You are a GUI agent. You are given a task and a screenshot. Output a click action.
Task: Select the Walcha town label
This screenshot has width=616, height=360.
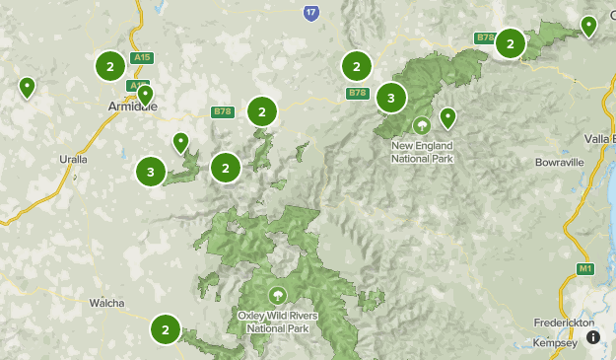(105, 303)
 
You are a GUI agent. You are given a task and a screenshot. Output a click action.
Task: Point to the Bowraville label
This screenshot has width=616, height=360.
(561, 162)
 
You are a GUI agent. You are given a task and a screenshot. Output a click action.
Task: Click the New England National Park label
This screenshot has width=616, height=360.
(423, 152)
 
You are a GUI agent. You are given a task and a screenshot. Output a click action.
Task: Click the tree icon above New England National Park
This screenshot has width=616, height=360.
(422, 125)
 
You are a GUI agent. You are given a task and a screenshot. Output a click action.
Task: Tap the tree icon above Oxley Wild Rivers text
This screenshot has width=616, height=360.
(277, 294)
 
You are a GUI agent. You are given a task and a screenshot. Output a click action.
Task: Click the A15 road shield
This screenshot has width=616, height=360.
(142, 57)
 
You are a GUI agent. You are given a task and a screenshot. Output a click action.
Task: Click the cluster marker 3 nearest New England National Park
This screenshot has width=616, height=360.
(391, 98)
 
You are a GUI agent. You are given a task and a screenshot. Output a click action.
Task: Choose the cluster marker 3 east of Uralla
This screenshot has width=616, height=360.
(150, 172)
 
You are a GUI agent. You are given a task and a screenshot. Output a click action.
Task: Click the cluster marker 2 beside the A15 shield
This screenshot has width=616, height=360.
(109, 66)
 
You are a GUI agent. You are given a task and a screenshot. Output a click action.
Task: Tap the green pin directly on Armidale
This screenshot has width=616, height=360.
(145, 95)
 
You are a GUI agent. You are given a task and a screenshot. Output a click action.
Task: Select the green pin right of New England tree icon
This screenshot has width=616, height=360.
(447, 117)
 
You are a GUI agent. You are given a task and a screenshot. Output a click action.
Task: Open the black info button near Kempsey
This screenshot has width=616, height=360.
(593, 337)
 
